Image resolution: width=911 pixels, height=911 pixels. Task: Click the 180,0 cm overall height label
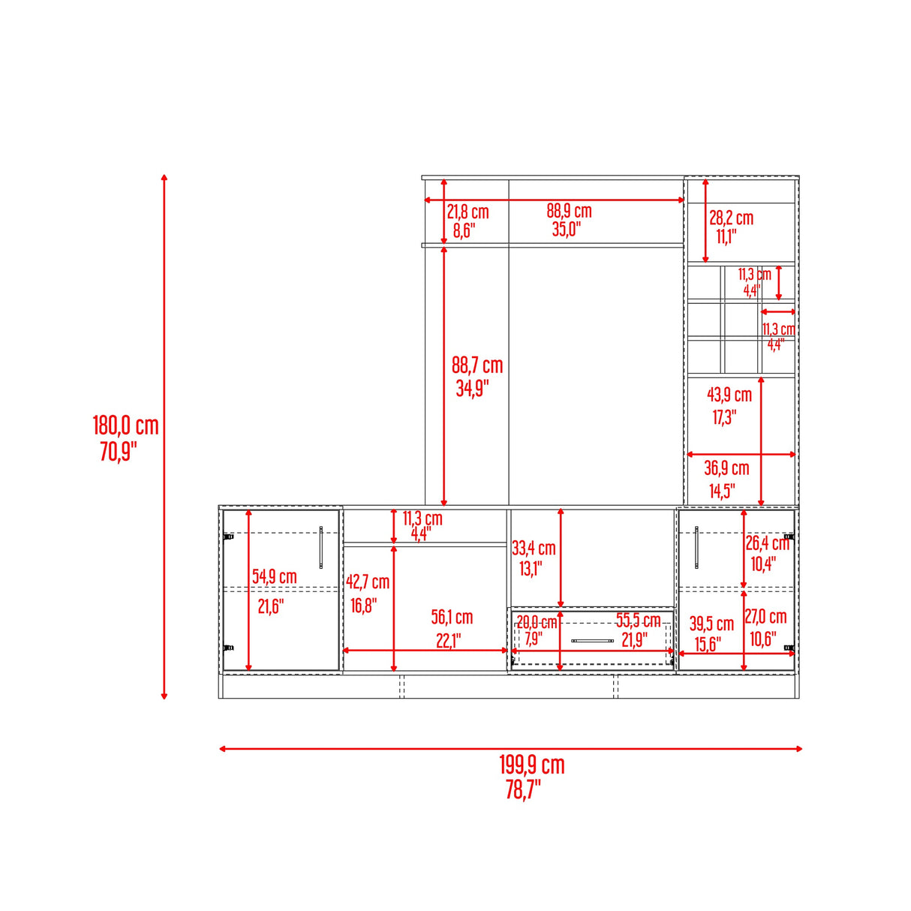tap(125, 425)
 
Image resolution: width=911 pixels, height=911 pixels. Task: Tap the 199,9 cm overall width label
tap(532, 765)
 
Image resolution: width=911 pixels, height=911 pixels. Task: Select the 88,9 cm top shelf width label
tap(570, 211)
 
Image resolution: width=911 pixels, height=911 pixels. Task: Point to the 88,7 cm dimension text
tap(477, 365)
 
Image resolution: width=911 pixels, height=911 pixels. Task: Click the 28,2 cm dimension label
tap(731, 218)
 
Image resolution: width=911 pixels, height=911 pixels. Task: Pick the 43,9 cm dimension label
tap(729, 395)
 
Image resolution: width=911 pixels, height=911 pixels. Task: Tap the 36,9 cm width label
tap(726, 468)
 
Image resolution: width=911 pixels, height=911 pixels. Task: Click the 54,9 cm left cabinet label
tap(274, 577)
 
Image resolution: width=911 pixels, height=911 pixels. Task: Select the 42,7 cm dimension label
tap(368, 582)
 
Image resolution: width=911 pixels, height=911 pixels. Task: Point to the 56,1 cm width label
tap(452, 617)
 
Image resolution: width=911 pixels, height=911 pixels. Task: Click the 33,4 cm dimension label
tap(534, 549)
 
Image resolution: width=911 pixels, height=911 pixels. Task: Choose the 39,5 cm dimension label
tap(711, 624)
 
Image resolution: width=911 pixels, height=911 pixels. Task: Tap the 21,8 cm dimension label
tap(468, 212)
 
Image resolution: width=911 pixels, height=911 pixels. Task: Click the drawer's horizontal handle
tap(593, 641)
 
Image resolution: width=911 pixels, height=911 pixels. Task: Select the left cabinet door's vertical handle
tap(321, 547)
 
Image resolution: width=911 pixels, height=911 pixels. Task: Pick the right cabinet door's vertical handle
tap(696, 547)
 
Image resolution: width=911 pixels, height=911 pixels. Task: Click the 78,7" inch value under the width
tap(523, 790)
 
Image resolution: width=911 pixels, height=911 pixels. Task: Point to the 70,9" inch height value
tap(118, 451)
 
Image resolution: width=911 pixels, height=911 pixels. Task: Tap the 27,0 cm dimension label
tap(766, 617)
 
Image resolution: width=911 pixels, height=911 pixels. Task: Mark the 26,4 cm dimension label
tap(768, 543)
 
